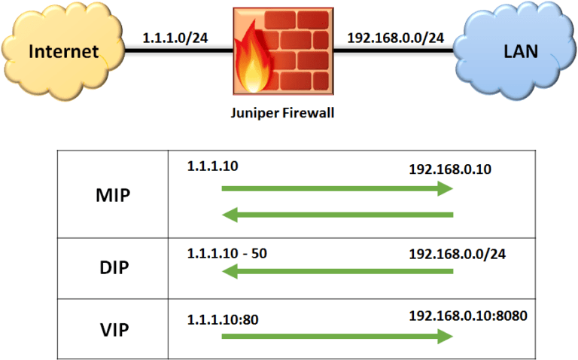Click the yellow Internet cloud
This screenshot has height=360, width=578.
click(63, 50)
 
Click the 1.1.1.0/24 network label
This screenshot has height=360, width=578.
click(174, 37)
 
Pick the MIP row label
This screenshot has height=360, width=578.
click(113, 196)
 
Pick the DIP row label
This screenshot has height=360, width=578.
click(113, 269)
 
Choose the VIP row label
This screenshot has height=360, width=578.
click(113, 328)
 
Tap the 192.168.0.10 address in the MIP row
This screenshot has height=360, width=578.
click(449, 169)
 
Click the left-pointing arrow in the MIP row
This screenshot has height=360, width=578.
click(336, 216)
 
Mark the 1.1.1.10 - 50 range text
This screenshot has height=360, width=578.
click(227, 253)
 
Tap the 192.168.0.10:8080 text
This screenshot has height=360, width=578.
click(467, 314)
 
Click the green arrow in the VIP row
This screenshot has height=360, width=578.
click(336, 336)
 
